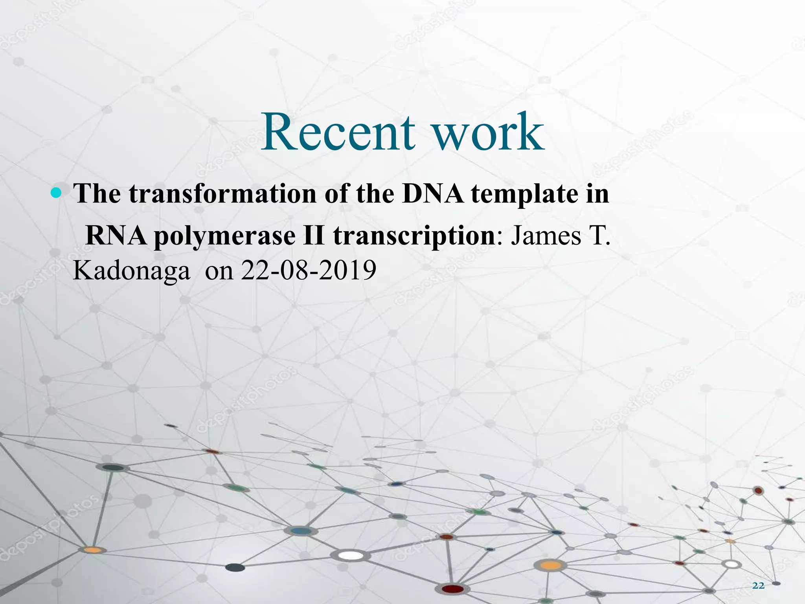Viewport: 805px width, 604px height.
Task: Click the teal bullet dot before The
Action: (x=57, y=193)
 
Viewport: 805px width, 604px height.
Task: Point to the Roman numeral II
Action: (x=314, y=236)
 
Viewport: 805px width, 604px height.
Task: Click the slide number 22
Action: (x=758, y=586)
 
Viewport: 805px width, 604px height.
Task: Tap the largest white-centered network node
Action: (x=351, y=555)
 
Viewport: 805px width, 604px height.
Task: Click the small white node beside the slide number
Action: (x=731, y=564)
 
